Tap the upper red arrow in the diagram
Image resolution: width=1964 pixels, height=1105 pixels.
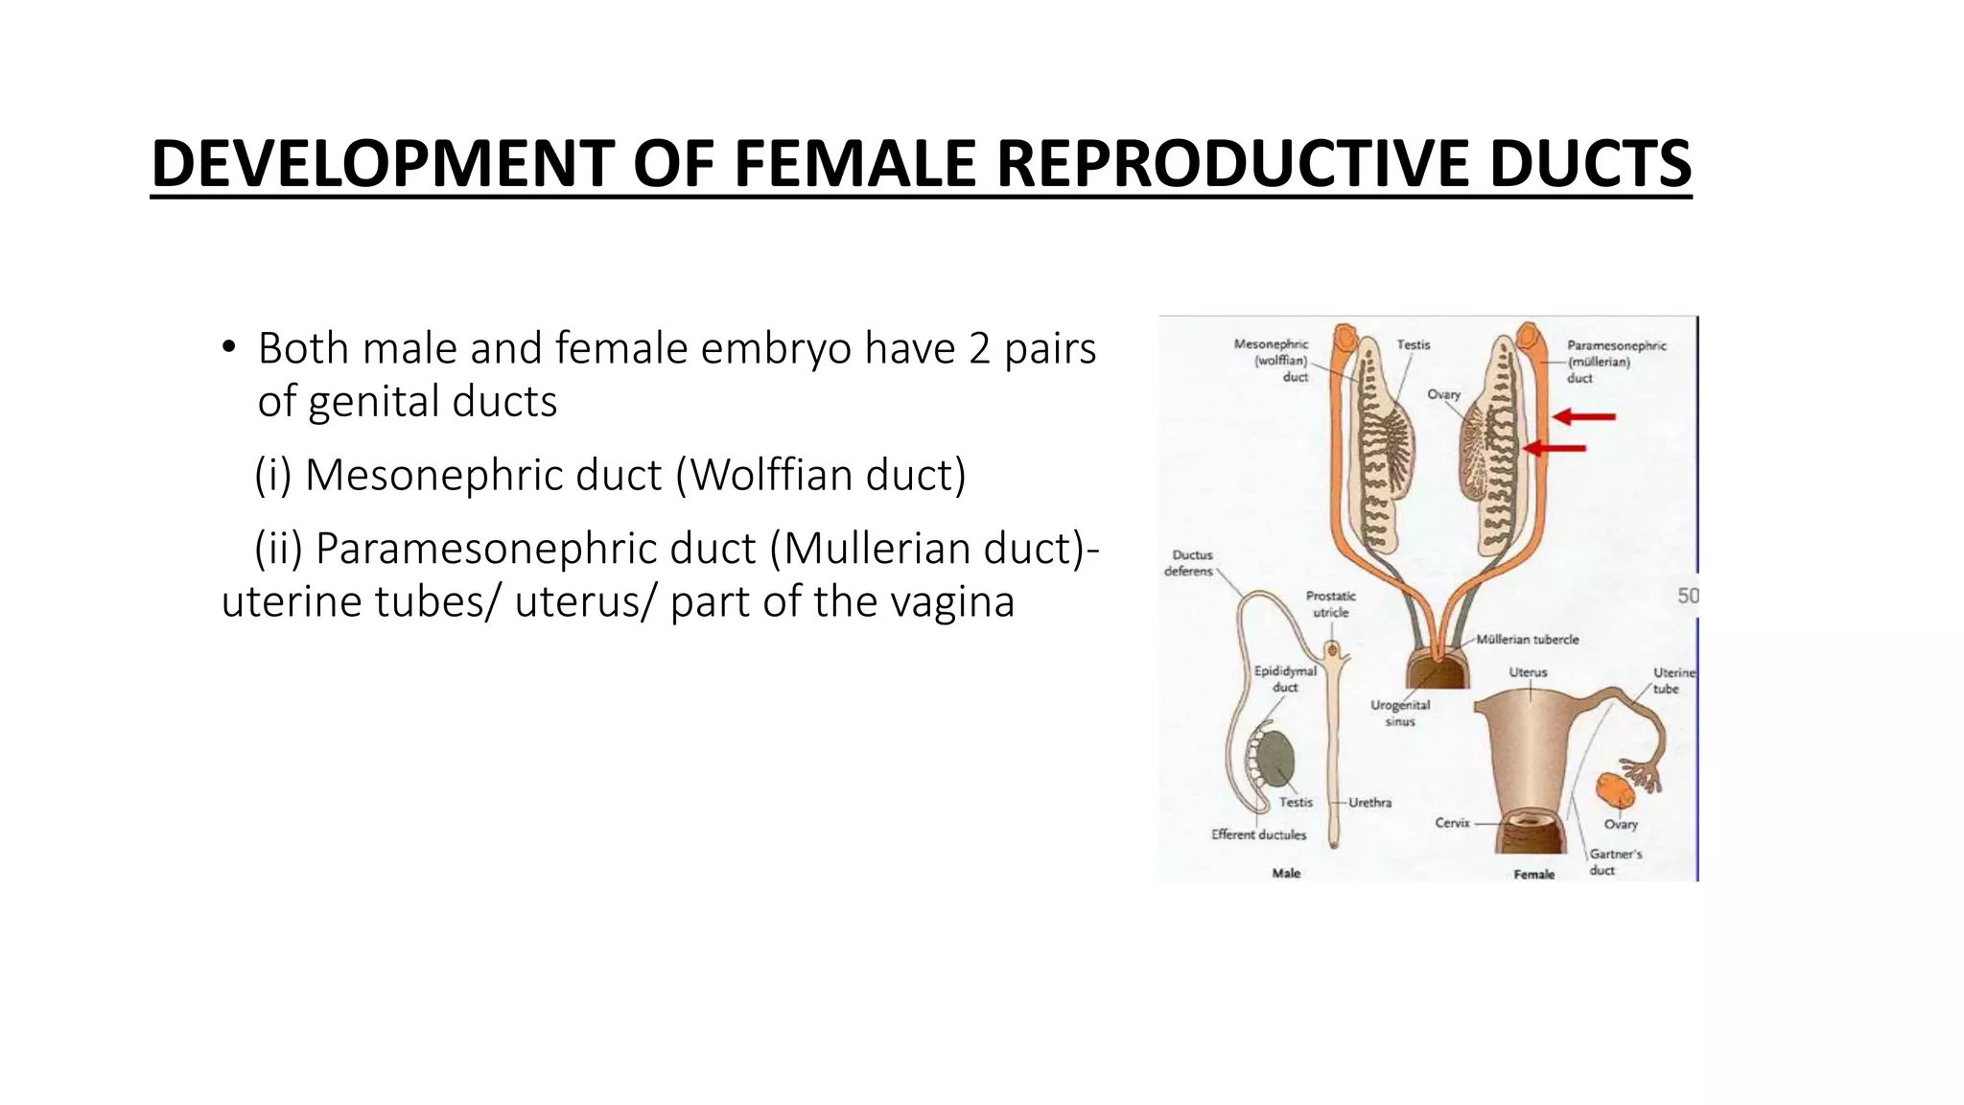[x=1583, y=416]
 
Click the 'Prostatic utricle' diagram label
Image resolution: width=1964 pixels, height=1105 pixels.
[x=1330, y=604]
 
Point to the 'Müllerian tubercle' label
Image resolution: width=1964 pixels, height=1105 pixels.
[x=1527, y=639]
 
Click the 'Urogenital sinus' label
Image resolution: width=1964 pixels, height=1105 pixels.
[x=1399, y=713]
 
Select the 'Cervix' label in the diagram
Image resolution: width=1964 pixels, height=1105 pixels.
[x=1452, y=823]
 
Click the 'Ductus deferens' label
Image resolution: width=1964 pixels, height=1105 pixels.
[x=1190, y=563]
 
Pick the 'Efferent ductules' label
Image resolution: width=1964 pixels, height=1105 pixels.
[x=1258, y=835]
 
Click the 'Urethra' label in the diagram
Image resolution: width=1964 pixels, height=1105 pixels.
[x=1369, y=803]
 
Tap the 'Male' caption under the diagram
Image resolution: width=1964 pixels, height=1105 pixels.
[x=1285, y=873]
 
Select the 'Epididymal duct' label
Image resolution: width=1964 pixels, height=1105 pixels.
[x=1285, y=679]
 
